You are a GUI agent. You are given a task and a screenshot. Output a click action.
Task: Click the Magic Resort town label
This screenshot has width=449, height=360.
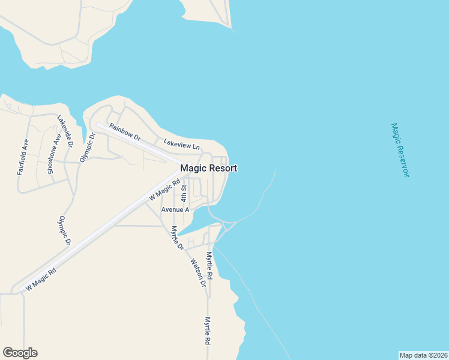(208, 169)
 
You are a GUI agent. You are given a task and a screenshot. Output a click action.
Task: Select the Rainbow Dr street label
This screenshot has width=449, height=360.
(125, 132)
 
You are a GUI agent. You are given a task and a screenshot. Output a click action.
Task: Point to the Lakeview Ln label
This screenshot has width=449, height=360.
(181, 144)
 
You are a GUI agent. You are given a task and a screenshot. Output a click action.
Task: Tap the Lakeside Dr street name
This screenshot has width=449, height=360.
(65, 131)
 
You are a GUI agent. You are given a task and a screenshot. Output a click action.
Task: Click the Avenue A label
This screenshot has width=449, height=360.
(175, 209)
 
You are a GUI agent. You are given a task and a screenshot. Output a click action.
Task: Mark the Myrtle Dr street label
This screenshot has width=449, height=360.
(176, 238)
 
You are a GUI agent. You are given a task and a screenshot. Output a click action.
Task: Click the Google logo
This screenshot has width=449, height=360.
(20, 353)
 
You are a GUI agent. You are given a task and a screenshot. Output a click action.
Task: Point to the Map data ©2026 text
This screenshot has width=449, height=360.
(423, 355)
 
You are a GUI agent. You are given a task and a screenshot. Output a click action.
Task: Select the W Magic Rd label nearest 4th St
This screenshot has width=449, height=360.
(164, 190)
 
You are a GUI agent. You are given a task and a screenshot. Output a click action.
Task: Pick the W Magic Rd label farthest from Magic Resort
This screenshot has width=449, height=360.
(41, 279)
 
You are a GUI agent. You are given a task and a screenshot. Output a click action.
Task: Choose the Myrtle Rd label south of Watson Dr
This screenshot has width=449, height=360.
(208, 331)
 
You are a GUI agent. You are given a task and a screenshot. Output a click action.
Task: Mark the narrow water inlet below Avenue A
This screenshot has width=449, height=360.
(195, 227)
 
